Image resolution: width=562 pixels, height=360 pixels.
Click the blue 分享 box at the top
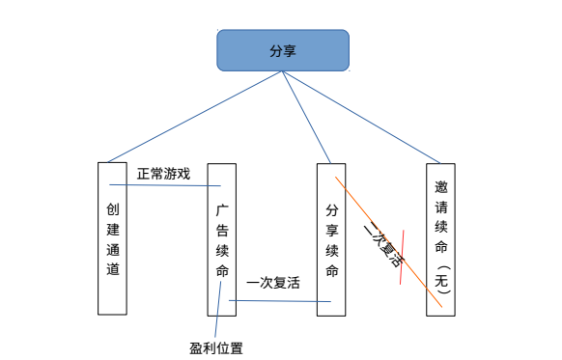click(282, 50)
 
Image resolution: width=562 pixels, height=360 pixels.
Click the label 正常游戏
click(163, 174)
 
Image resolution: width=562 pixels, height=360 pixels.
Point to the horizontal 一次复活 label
click(273, 283)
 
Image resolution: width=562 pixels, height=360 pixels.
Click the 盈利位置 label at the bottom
click(216, 347)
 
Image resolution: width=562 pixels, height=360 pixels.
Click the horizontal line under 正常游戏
click(164, 185)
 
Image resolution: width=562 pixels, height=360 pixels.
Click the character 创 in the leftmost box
click(113, 208)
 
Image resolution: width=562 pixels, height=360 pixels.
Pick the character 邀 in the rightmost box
click(441, 187)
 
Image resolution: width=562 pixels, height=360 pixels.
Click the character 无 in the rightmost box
click(441, 281)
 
